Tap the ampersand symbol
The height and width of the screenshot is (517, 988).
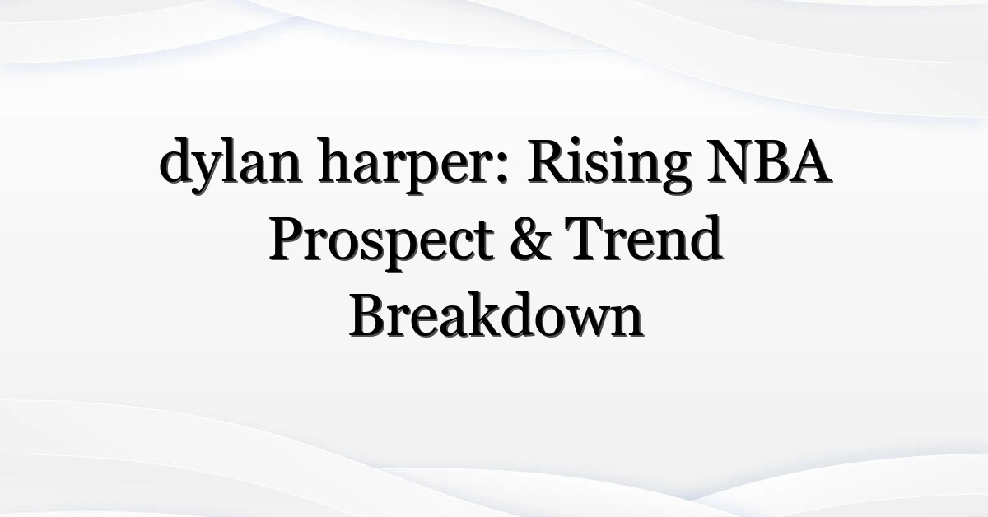(x=532, y=239)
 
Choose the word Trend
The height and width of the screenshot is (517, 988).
(x=645, y=237)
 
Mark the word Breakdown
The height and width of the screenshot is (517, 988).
(x=496, y=314)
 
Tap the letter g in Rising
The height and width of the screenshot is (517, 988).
(x=674, y=174)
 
